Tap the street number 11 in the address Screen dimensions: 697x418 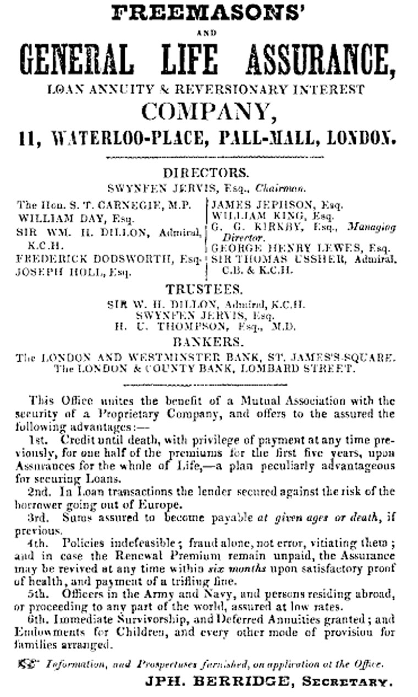tap(26, 137)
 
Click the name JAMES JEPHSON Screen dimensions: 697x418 tap(258, 205)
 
